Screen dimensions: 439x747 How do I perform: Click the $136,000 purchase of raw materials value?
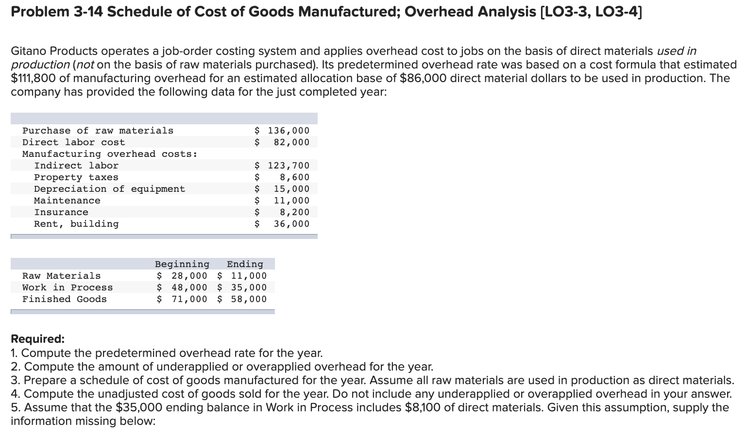tap(282, 131)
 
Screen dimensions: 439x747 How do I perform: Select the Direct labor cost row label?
tap(73, 142)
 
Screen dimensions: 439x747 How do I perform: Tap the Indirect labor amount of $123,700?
tap(282, 166)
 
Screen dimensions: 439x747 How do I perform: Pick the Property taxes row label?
tap(76, 177)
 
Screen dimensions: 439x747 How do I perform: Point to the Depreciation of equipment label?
tap(109, 189)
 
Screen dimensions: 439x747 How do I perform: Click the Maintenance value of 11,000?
tap(291, 201)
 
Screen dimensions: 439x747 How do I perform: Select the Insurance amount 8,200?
tap(294, 212)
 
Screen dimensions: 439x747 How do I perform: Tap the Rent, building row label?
tap(76, 224)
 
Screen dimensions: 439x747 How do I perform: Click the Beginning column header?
tap(182, 264)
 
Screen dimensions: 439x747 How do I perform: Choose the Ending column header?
tap(245, 264)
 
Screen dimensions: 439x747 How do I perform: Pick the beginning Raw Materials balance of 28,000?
tap(183, 276)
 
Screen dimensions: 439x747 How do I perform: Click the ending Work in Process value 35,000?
tap(242, 287)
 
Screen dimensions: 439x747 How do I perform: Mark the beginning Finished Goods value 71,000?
tap(183, 299)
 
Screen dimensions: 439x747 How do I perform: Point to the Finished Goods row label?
tap(64, 299)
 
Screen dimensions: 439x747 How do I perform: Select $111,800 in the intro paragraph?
tap(34, 78)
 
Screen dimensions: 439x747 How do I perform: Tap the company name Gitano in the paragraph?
tap(29, 51)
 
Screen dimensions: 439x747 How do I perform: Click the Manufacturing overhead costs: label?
tap(110, 154)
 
